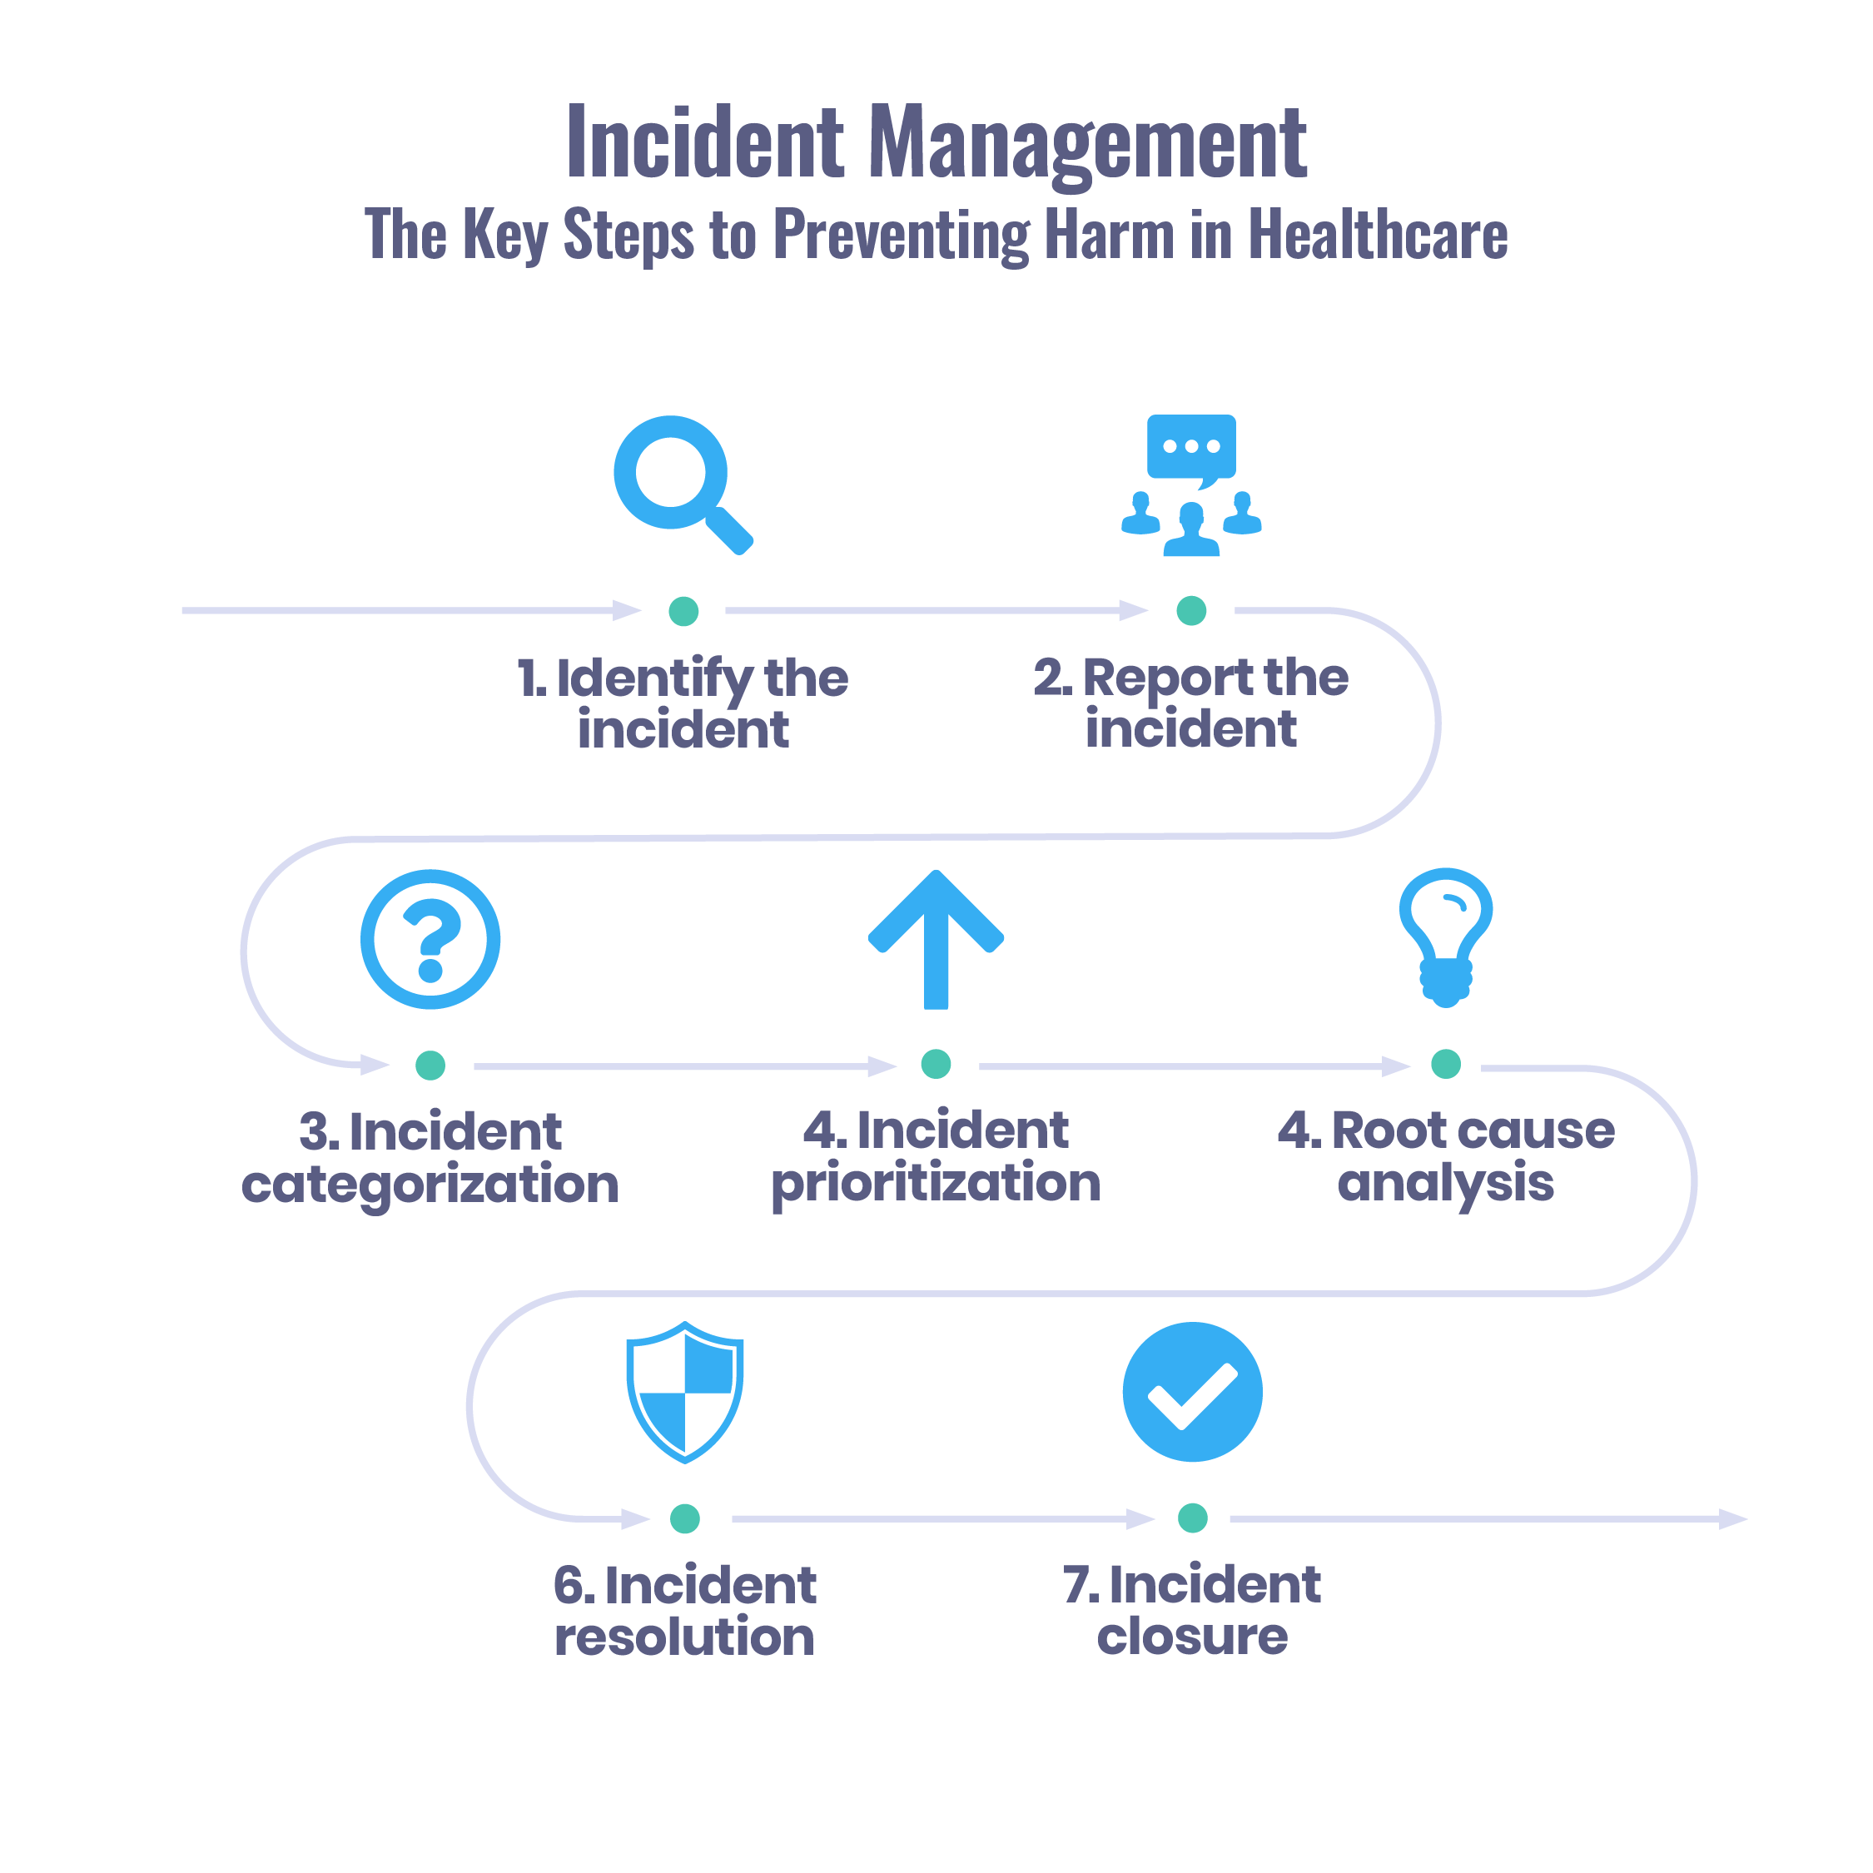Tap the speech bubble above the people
click(x=1190, y=447)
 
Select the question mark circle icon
click(x=430, y=938)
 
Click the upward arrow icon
click(x=936, y=937)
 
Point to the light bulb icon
click(x=1445, y=935)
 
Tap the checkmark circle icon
click(x=1191, y=1392)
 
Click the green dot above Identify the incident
click(x=683, y=611)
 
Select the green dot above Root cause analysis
click(x=1445, y=1064)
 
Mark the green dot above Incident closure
click(x=1191, y=1518)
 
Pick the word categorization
click(x=430, y=1185)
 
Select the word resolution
click(x=683, y=1637)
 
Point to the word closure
click(x=1191, y=1637)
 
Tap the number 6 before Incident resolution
click(x=568, y=1585)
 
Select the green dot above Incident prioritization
click(x=936, y=1064)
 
